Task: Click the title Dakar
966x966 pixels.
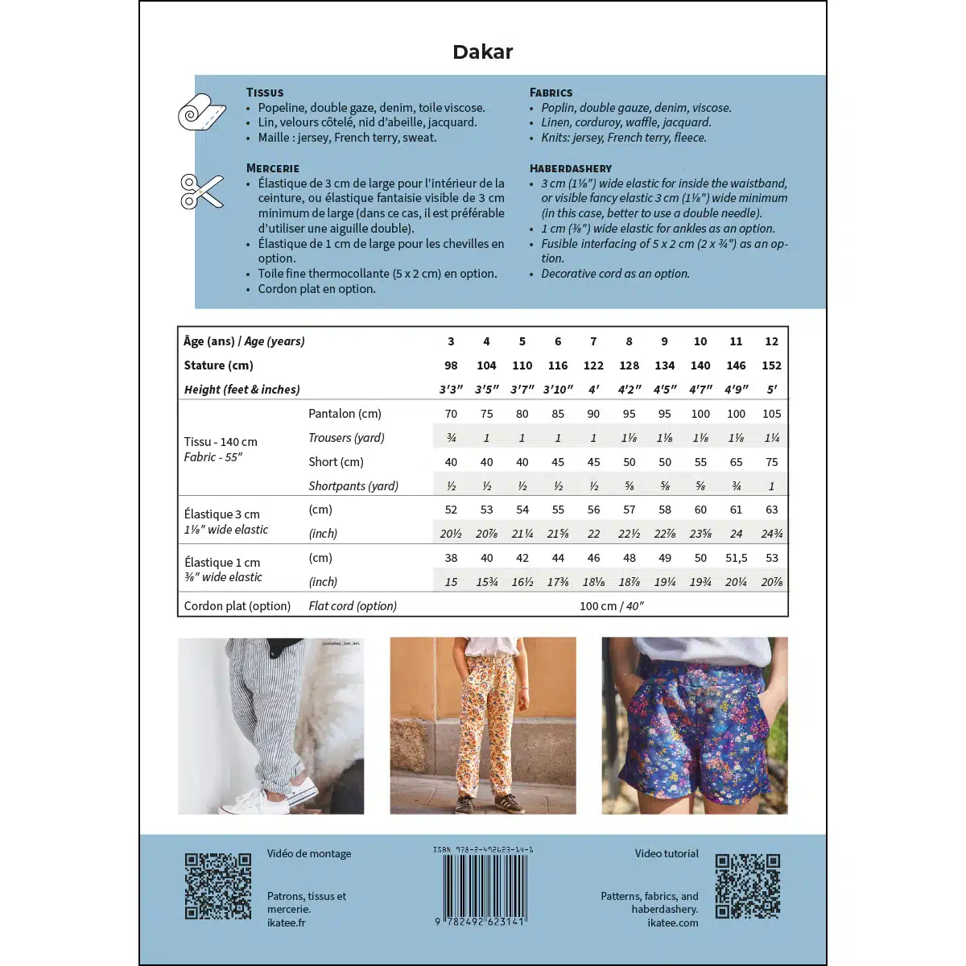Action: click(x=482, y=52)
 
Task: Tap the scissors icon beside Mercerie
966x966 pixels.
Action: click(x=201, y=192)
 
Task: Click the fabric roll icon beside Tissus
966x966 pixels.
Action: click(x=201, y=113)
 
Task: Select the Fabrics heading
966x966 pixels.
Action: click(x=551, y=93)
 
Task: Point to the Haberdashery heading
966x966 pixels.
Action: click(x=570, y=168)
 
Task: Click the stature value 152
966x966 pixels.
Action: click(x=771, y=365)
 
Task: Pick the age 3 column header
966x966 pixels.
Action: click(x=451, y=341)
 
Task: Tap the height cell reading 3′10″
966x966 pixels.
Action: click(x=558, y=390)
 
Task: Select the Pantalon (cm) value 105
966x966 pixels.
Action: click(x=771, y=414)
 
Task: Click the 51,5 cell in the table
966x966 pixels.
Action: click(x=736, y=558)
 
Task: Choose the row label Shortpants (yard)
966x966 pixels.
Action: click(x=353, y=486)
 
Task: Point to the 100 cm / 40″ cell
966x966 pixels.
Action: click(x=611, y=606)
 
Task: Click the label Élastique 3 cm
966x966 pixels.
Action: click(x=221, y=514)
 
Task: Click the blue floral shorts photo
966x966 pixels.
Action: click(x=694, y=725)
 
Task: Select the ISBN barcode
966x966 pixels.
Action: click(x=483, y=885)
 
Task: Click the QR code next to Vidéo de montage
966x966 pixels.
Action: click(x=217, y=886)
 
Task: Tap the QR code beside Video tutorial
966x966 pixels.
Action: click(x=748, y=886)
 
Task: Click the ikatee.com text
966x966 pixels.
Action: click(x=672, y=923)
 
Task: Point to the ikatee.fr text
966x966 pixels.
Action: click(x=286, y=923)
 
